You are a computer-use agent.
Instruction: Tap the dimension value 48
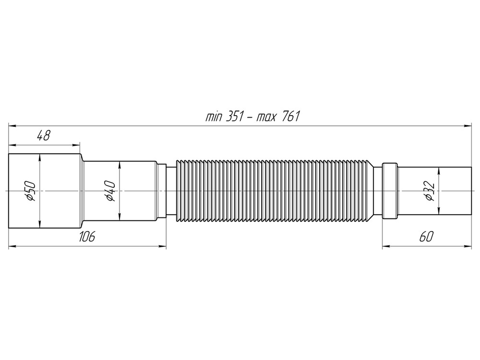[x=44, y=136]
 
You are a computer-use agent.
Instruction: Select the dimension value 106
[x=87, y=236]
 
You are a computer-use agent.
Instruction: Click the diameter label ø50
[x=30, y=191]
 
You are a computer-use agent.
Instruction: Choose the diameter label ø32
[x=429, y=191]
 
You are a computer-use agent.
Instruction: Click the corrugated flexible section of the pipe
[x=274, y=191]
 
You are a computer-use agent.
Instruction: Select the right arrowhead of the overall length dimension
[x=469, y=126]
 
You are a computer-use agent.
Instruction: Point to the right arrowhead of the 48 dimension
[x=76, y=144]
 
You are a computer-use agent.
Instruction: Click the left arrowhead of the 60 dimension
[x=385, y=246]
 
